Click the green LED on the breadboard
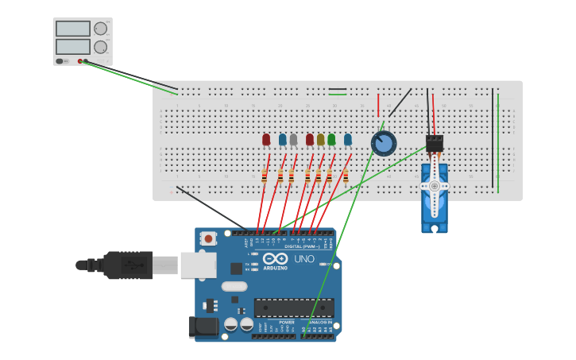click(331, 140)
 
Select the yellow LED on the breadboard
click(321, 140)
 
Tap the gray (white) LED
click(293, 140)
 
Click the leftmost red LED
click(266, 140)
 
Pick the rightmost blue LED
click(348, 140)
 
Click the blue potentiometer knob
click(384, 144)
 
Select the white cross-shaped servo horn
click(435, 186)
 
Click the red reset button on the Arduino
click(208, 238)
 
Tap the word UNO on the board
click(304, 259)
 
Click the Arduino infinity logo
click(275, 259)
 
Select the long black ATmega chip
click(293, 308)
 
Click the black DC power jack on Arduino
click(204, 326)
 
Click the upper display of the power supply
click(73, 29)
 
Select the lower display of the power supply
click(73, 47)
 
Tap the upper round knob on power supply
click(101, 29)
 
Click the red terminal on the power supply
click(80, 61)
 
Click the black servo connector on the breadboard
click(435, 143)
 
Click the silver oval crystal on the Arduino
click(234, 286)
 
